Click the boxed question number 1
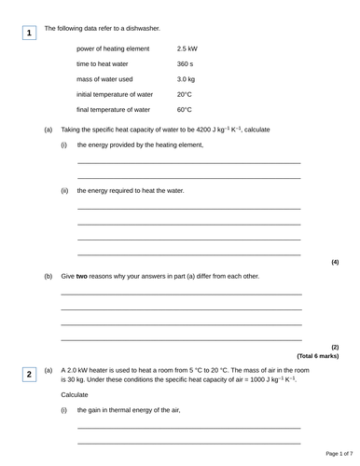click(29, 34)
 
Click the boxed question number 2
click(29, 374)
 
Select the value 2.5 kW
click(187, 48)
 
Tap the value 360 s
click(185, 63)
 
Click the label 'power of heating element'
click(113, 48)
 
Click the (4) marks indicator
click(335, 262)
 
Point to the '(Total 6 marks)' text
click(318, 356)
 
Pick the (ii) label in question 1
click(64, 190)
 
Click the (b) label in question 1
click(48, 277)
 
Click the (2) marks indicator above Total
click(335, 347)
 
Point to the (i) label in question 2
click(63, 410)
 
